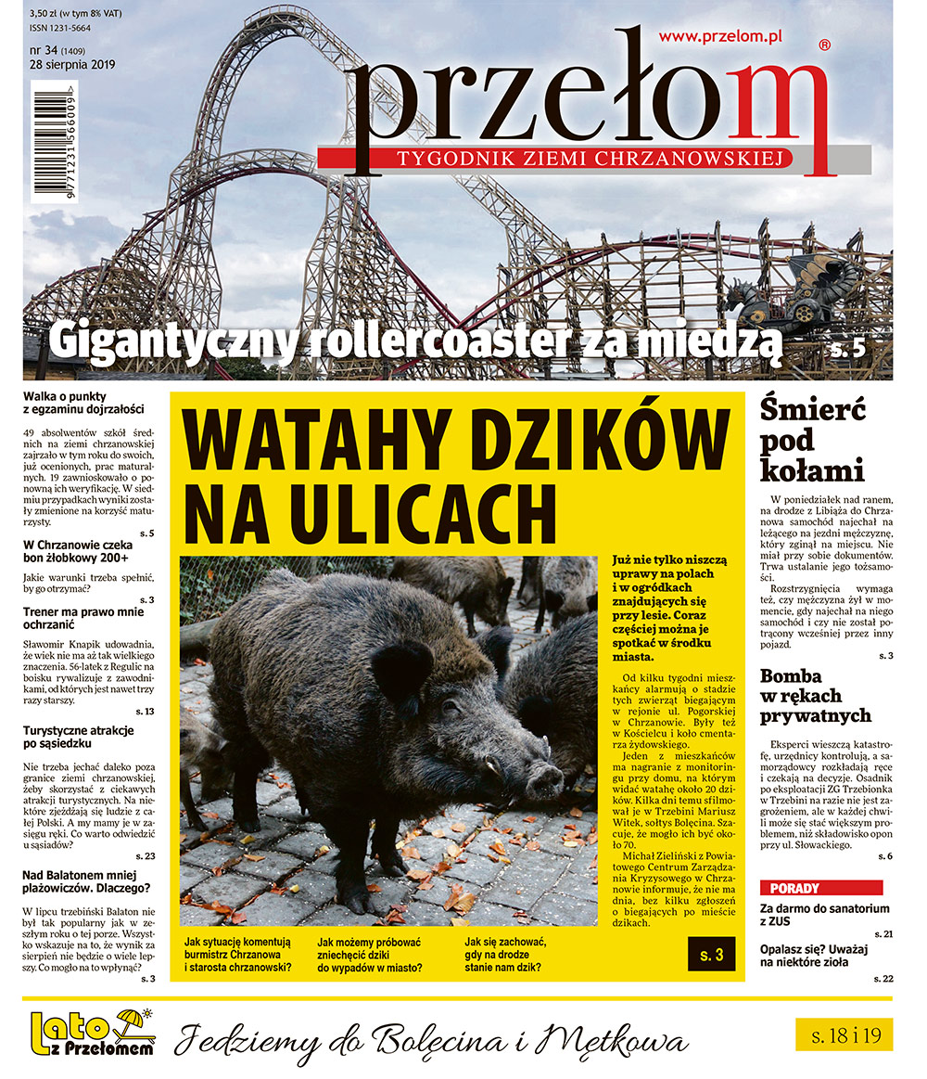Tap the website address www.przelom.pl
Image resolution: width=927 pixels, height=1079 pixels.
pyautogui.click(x=720, y=36)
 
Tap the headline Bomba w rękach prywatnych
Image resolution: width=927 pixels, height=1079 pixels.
pyautogui.click(x=815, y=696)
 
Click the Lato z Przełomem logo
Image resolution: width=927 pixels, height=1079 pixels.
pyautogui.click(x=91, y=1034)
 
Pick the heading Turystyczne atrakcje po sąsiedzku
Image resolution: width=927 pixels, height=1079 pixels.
pyautogui.click(x=78, y=739)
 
